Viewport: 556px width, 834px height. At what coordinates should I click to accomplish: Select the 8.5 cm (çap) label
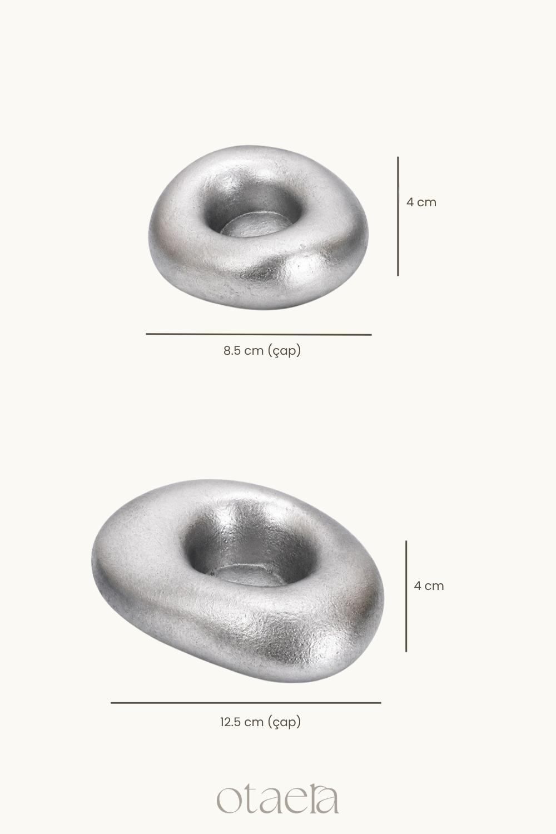click(x=262, y=351)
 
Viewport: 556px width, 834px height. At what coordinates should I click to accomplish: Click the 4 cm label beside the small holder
click(x=421, y=202)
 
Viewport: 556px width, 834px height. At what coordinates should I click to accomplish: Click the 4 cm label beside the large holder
click(x=429, y=586)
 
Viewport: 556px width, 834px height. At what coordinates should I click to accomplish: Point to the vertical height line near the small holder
click(x=398, y=216)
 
